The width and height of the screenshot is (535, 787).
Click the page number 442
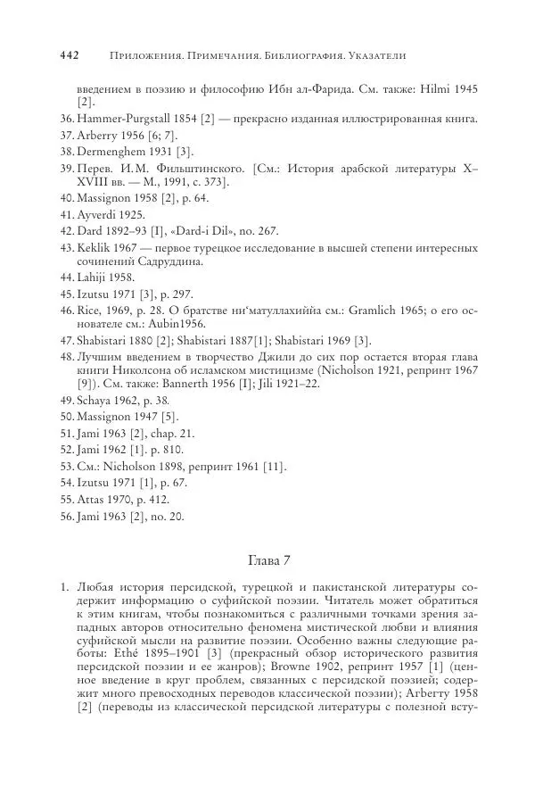click(x=70, y=55)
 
